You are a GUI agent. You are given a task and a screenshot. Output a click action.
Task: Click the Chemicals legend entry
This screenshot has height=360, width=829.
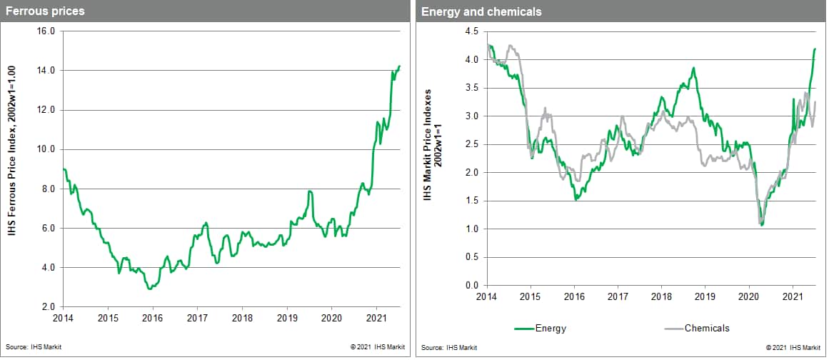[707, 329]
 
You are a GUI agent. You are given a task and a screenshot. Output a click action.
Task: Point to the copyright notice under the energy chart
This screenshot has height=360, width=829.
[793, 347]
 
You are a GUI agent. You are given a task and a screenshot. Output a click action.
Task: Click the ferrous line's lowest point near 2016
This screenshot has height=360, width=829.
[149, 289]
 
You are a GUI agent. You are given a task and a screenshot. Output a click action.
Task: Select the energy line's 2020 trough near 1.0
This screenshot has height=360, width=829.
[762, 225]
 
